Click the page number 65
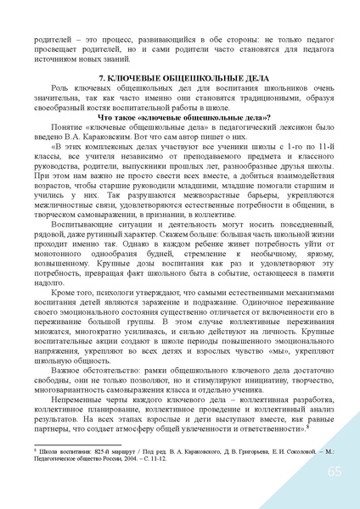pos(334,471)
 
